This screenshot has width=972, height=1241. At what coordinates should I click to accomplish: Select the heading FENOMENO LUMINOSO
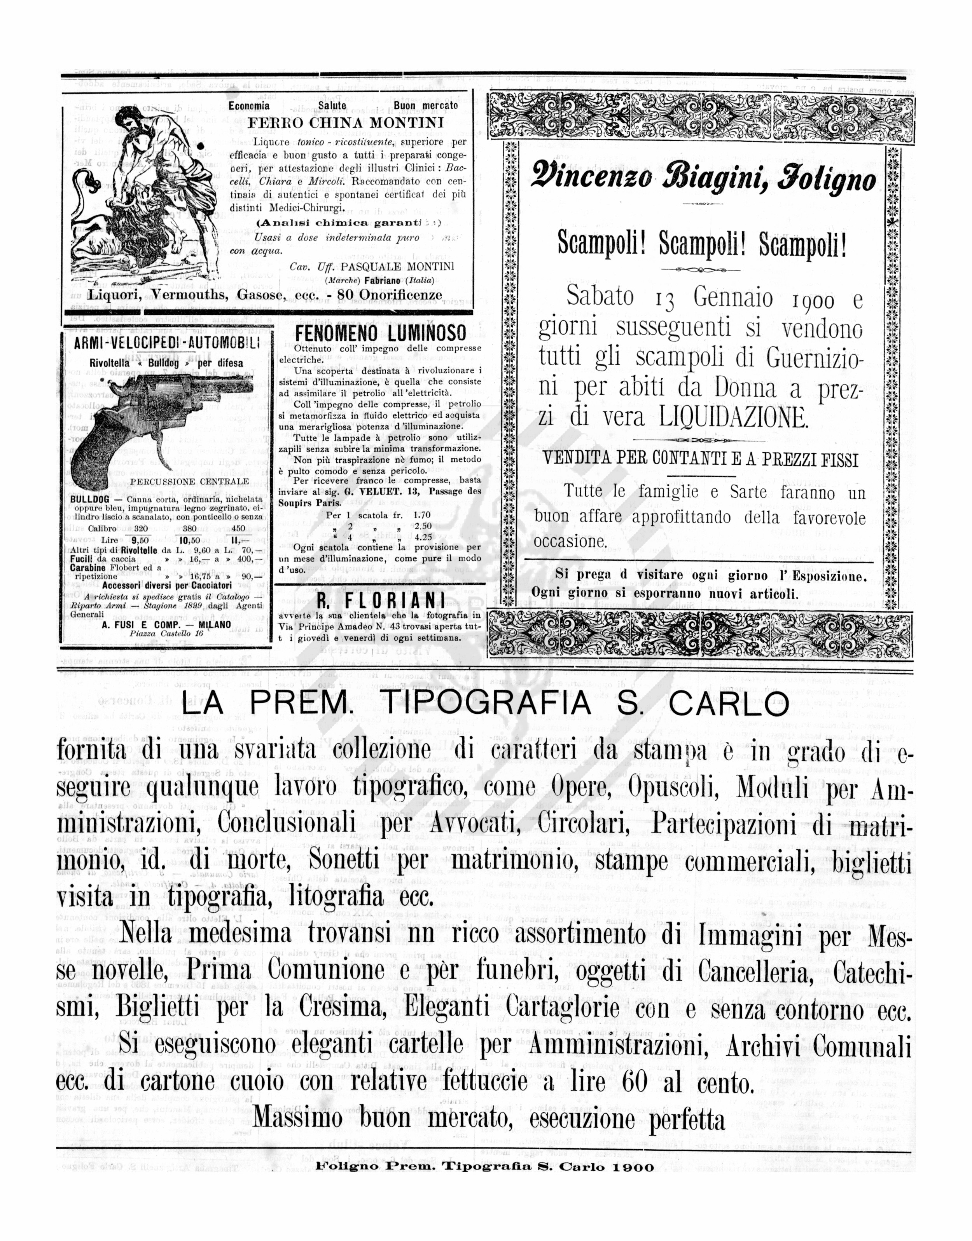coord(381,333)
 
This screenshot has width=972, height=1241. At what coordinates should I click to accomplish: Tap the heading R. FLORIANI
coord(380,601)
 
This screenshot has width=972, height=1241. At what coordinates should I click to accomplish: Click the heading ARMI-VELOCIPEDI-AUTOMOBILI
coord(167,343)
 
